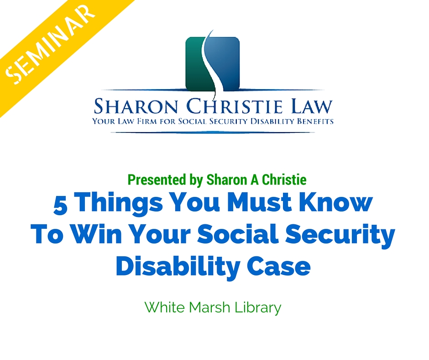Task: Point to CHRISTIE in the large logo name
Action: pyautogui.click(x=234, y=106)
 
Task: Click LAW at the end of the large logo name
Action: pyautogui.click(x=312, y=106)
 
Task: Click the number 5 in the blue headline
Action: pyautogui.click(x=60, y=205)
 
